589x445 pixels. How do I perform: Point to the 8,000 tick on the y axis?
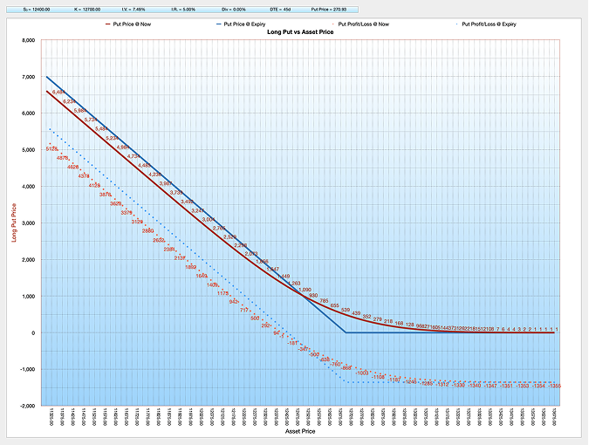tap(27, 40)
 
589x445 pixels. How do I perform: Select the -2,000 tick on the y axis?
tap(26, 407)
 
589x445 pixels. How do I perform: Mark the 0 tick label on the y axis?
tap(32, 333)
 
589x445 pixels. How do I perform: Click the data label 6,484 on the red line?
tap(58, 92)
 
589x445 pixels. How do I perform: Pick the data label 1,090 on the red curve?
tap(305, 290)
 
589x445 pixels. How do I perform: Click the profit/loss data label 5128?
tap(51, 149)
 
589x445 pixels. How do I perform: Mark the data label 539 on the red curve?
tap(346, 311)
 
